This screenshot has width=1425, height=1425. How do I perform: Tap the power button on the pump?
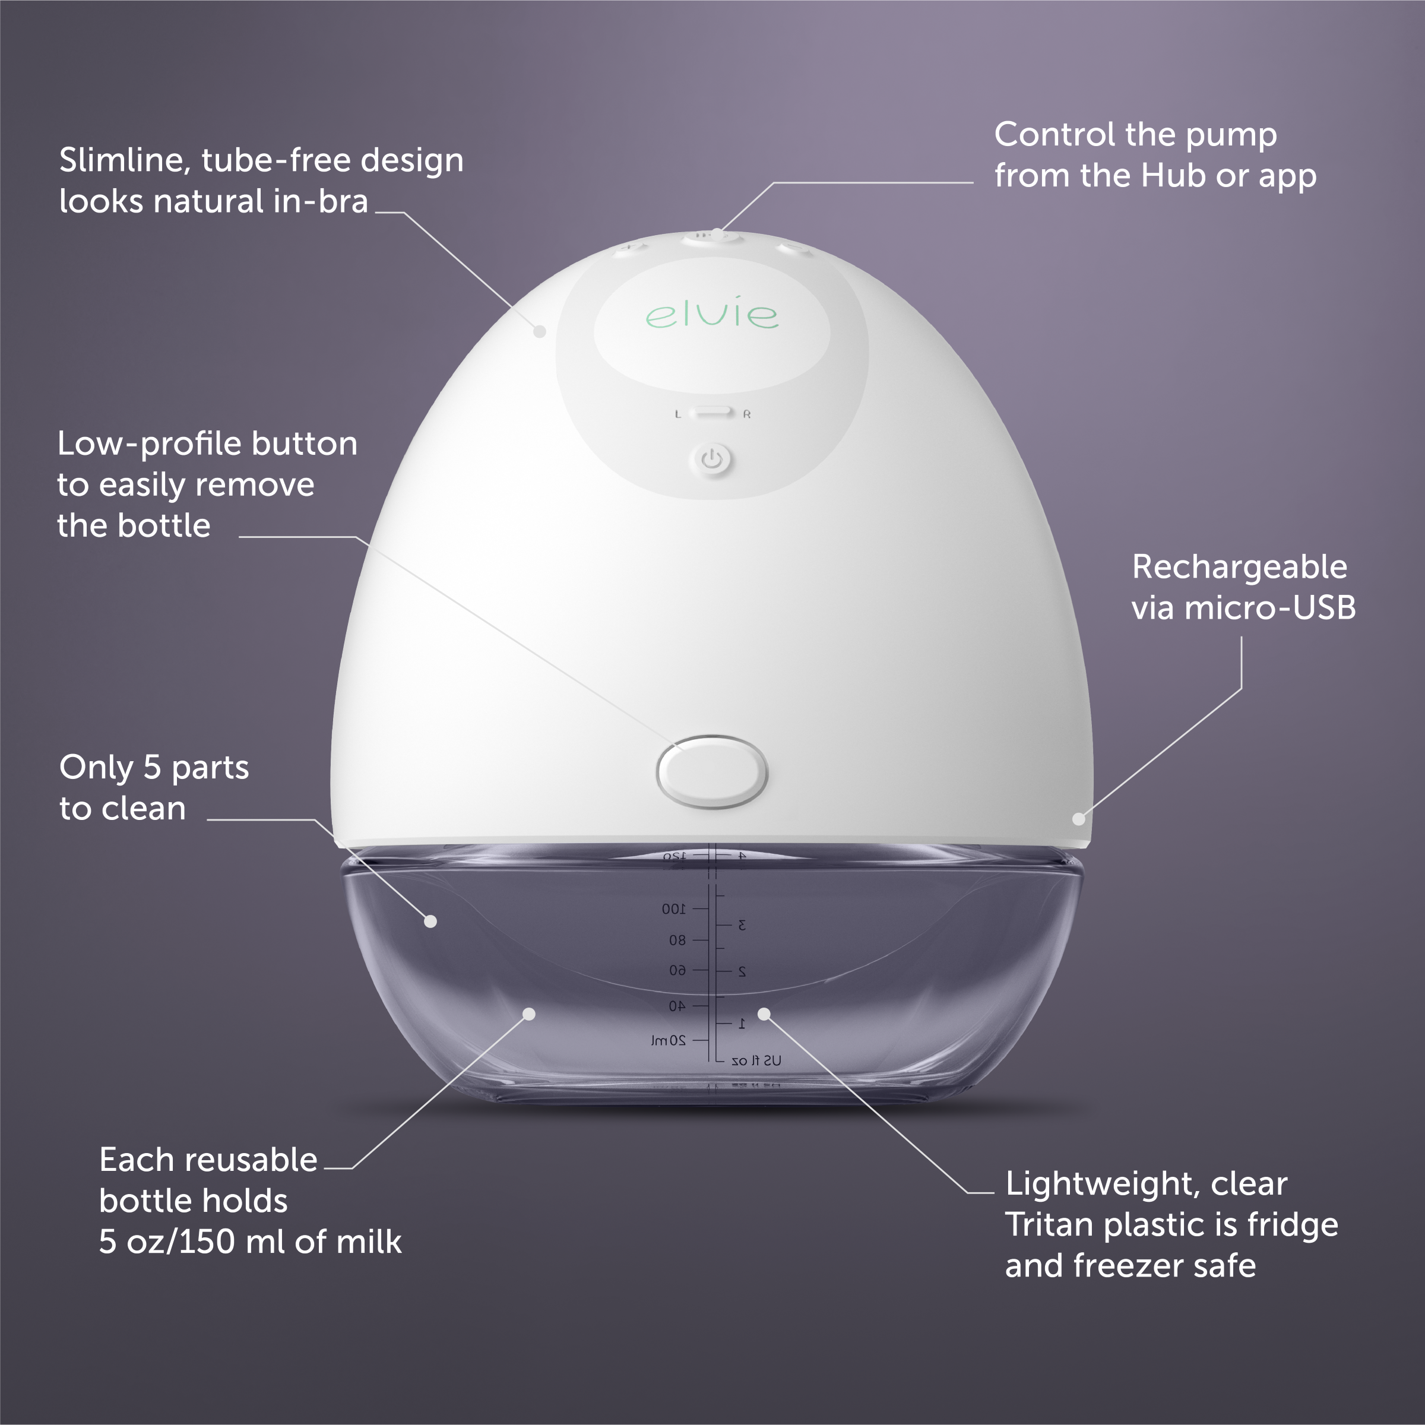pos(712,460)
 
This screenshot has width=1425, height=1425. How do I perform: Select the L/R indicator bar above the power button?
pos(712,411)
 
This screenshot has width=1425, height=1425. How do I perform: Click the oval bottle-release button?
pos(712,771)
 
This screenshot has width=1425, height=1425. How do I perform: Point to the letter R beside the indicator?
pos(747,414)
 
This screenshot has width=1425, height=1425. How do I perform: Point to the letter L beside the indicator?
pos(678,414)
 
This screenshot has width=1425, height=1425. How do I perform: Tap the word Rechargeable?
pos(1239,567)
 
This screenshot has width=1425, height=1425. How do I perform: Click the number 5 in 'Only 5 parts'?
pos(152,768)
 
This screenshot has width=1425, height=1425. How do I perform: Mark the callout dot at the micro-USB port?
pos(1078,819)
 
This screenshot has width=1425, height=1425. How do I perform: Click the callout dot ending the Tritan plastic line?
pos(764,1014)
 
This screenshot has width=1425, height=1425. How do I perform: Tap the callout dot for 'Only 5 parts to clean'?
pos(430,921)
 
